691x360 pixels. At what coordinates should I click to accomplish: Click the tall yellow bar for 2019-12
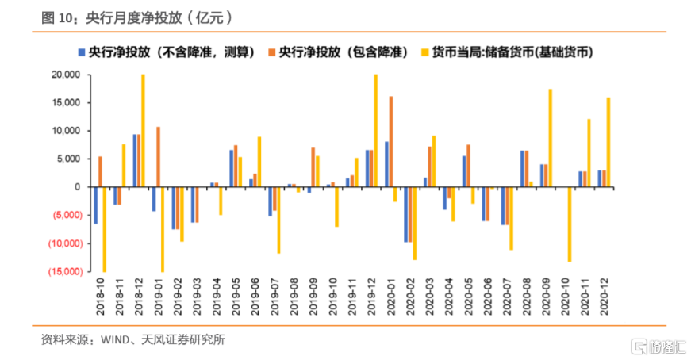pos(375,131)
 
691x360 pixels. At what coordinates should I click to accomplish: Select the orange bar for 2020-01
pos(390,141)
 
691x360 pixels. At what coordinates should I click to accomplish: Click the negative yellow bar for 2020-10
pos(569,224)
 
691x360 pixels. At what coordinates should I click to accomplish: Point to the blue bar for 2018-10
pos(96,205)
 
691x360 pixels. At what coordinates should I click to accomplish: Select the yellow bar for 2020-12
pos(608,142)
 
